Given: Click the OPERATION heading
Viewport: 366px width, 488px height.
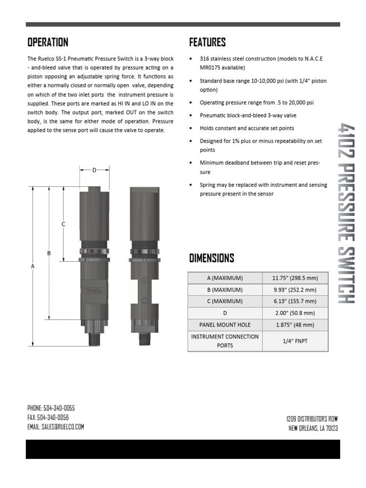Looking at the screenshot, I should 48,42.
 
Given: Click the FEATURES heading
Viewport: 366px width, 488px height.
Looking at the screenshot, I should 207,42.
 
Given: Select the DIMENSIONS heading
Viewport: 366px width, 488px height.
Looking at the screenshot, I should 212,258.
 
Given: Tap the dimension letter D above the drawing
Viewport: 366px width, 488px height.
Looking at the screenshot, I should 94,170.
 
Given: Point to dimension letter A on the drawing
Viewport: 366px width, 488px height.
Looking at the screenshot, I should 33,267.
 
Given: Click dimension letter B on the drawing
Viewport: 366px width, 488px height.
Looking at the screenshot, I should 49,253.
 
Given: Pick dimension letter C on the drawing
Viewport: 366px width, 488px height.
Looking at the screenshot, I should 63,224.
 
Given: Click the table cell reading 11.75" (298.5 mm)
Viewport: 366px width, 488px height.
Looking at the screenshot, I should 295,278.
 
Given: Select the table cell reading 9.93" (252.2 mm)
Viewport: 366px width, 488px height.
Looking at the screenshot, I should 295,290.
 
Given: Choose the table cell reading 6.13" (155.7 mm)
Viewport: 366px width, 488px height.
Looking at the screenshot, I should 295,301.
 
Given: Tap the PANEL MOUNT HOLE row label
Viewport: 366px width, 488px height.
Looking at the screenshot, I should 225,325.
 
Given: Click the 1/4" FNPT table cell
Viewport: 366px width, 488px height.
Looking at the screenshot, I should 295,341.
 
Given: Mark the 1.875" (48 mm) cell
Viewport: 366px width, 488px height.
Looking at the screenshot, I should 295,325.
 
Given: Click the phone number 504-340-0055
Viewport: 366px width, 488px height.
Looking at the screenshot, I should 59,408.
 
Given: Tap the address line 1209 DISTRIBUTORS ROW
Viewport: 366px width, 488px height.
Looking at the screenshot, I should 312,418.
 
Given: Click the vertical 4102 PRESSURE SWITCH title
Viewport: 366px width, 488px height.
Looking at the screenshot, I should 345,213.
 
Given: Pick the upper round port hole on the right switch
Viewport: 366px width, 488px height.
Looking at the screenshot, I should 143,280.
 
